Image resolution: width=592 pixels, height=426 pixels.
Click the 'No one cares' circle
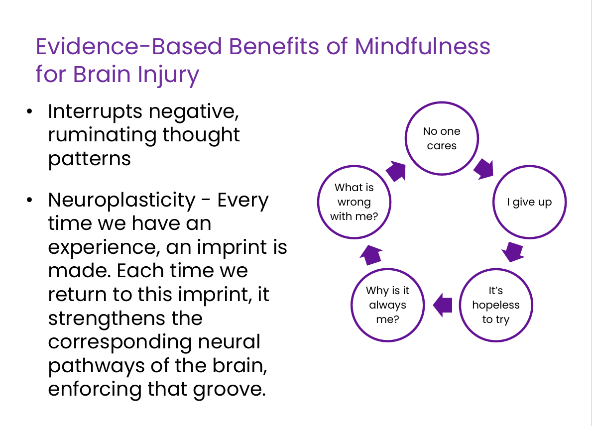pyautogui.click(x=442, y=103)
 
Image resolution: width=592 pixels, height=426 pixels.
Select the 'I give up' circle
pyautogui.click(x=529, y=166)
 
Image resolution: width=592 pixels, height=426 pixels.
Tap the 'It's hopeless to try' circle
pyautogui.click(x=496, y=269)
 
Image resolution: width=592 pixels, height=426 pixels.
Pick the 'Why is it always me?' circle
pyautogui.click(x=388, y=269)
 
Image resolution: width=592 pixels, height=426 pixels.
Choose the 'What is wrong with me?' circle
pyautogui.click(x=354, y=166)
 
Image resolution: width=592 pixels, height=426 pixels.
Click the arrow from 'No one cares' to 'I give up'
pyautogui.click(x=484, y=169)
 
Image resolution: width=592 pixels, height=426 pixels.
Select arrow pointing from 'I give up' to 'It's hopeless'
pyautogui.click(x=513, y=252)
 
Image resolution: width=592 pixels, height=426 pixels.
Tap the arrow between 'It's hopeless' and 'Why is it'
pyautogui.click(x=442, y=305)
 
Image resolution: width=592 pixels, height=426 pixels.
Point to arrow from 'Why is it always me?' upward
pyautogui.click(x=371, y=255)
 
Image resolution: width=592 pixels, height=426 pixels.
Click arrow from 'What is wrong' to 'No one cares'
pyautogui.click(x=396, y=171)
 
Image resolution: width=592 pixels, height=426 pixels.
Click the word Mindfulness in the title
pyautogui.click(x=422, y=46)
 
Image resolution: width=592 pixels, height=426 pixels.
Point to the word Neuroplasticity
pyautogui.click(x=121, y=201)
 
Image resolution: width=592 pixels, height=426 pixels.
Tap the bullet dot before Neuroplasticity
pyautogui.click(x=29, y=201)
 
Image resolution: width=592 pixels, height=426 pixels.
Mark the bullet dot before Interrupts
pyautogui.click(x=29, y=111)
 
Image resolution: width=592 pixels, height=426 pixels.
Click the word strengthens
pyautogui.click(x=107, y=318)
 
